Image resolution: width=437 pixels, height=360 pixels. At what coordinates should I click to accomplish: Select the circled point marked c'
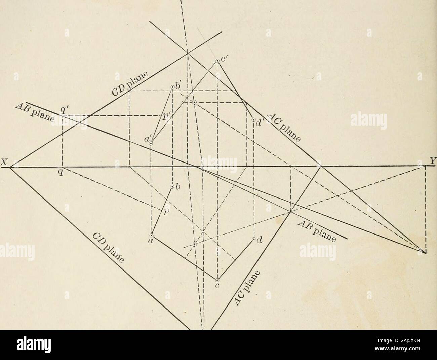217,60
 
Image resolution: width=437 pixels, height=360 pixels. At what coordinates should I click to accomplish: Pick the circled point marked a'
151,143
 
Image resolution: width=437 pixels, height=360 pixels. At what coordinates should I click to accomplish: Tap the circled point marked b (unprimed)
172,187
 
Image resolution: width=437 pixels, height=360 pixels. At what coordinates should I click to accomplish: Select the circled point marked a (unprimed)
151,235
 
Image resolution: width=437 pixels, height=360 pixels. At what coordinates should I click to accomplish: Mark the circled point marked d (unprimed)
254,240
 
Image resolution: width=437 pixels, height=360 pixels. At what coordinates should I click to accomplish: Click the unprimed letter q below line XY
63,172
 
